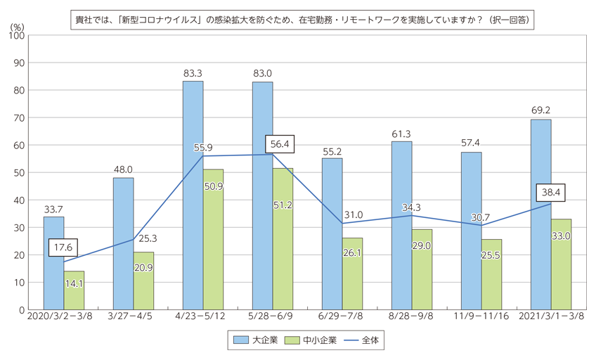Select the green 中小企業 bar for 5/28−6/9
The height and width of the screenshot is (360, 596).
pyautogui.click(x=283, y=239)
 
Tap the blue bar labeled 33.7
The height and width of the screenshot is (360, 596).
pyautogui.click(x=53, y=263)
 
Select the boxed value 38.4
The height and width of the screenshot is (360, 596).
pyautogui.click(x=552, y=192)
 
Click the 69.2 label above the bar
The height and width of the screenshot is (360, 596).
pyautogui.click(x=541, y=110)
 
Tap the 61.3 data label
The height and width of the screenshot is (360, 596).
pyautogui.click(x=402, y=133)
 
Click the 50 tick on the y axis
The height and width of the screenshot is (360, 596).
pyautogui.click(x=20, y=173)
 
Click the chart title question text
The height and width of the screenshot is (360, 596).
pyautogui.click(x=303, y=20)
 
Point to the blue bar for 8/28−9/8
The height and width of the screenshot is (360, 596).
pyautogui.click(x=402, y=226)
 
